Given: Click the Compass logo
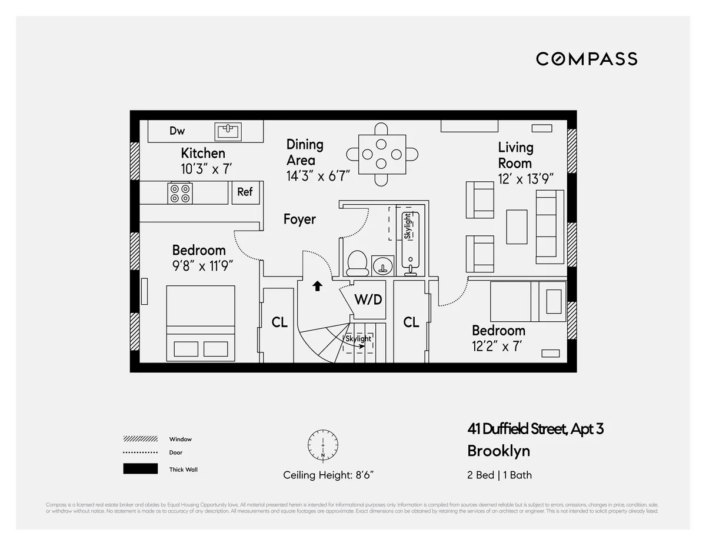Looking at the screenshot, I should click(x=586, y=59).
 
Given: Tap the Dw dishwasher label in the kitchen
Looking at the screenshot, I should click(x=177, y=131).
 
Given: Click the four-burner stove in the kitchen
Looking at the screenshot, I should click(x=180, y=193).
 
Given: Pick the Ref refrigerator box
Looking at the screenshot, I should click(x=245, y=192).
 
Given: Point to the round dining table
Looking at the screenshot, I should click(x=382, y=154).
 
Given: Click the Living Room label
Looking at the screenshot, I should click(x=515, y=155).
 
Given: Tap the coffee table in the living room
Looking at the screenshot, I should click(x=517, y=227).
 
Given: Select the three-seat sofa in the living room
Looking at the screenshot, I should click(x=550, y=227).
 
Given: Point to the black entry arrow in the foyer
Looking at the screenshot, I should click(x=317, y=286).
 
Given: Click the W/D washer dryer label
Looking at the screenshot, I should click(x=368, y=299).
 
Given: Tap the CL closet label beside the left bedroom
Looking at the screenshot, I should click(x=279, y=322).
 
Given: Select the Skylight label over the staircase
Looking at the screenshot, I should click(x=358, y=339).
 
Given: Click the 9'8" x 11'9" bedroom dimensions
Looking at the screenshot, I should click(x=203, y=266).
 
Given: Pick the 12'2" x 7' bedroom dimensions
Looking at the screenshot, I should click(x=498, y=347).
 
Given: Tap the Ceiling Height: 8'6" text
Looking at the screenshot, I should click(x=328, y=475).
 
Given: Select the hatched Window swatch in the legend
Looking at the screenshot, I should click(x=141, y=439).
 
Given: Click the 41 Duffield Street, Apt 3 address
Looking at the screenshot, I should click(x=535, y=429).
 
